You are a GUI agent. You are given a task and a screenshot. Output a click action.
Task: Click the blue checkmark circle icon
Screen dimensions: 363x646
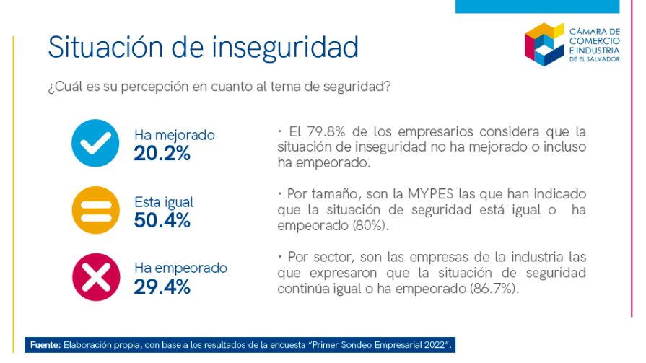point(95,144)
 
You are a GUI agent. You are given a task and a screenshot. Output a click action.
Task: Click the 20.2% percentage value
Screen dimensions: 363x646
point(162,153)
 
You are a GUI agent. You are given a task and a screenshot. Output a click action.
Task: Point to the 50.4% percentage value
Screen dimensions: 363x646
point(162,220)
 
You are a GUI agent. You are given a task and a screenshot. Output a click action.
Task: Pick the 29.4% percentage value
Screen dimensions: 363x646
point(162,287)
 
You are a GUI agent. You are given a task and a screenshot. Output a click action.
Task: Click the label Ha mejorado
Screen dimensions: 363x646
point(174,135)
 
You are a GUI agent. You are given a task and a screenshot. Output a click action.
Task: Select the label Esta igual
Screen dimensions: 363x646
point(164,202)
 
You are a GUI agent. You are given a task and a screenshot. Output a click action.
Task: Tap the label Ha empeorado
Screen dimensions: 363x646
point(180,268)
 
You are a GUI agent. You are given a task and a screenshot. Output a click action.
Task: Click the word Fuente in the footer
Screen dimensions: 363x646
point(46,346)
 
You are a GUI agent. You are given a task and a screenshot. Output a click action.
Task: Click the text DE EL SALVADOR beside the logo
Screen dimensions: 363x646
point(594,60)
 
